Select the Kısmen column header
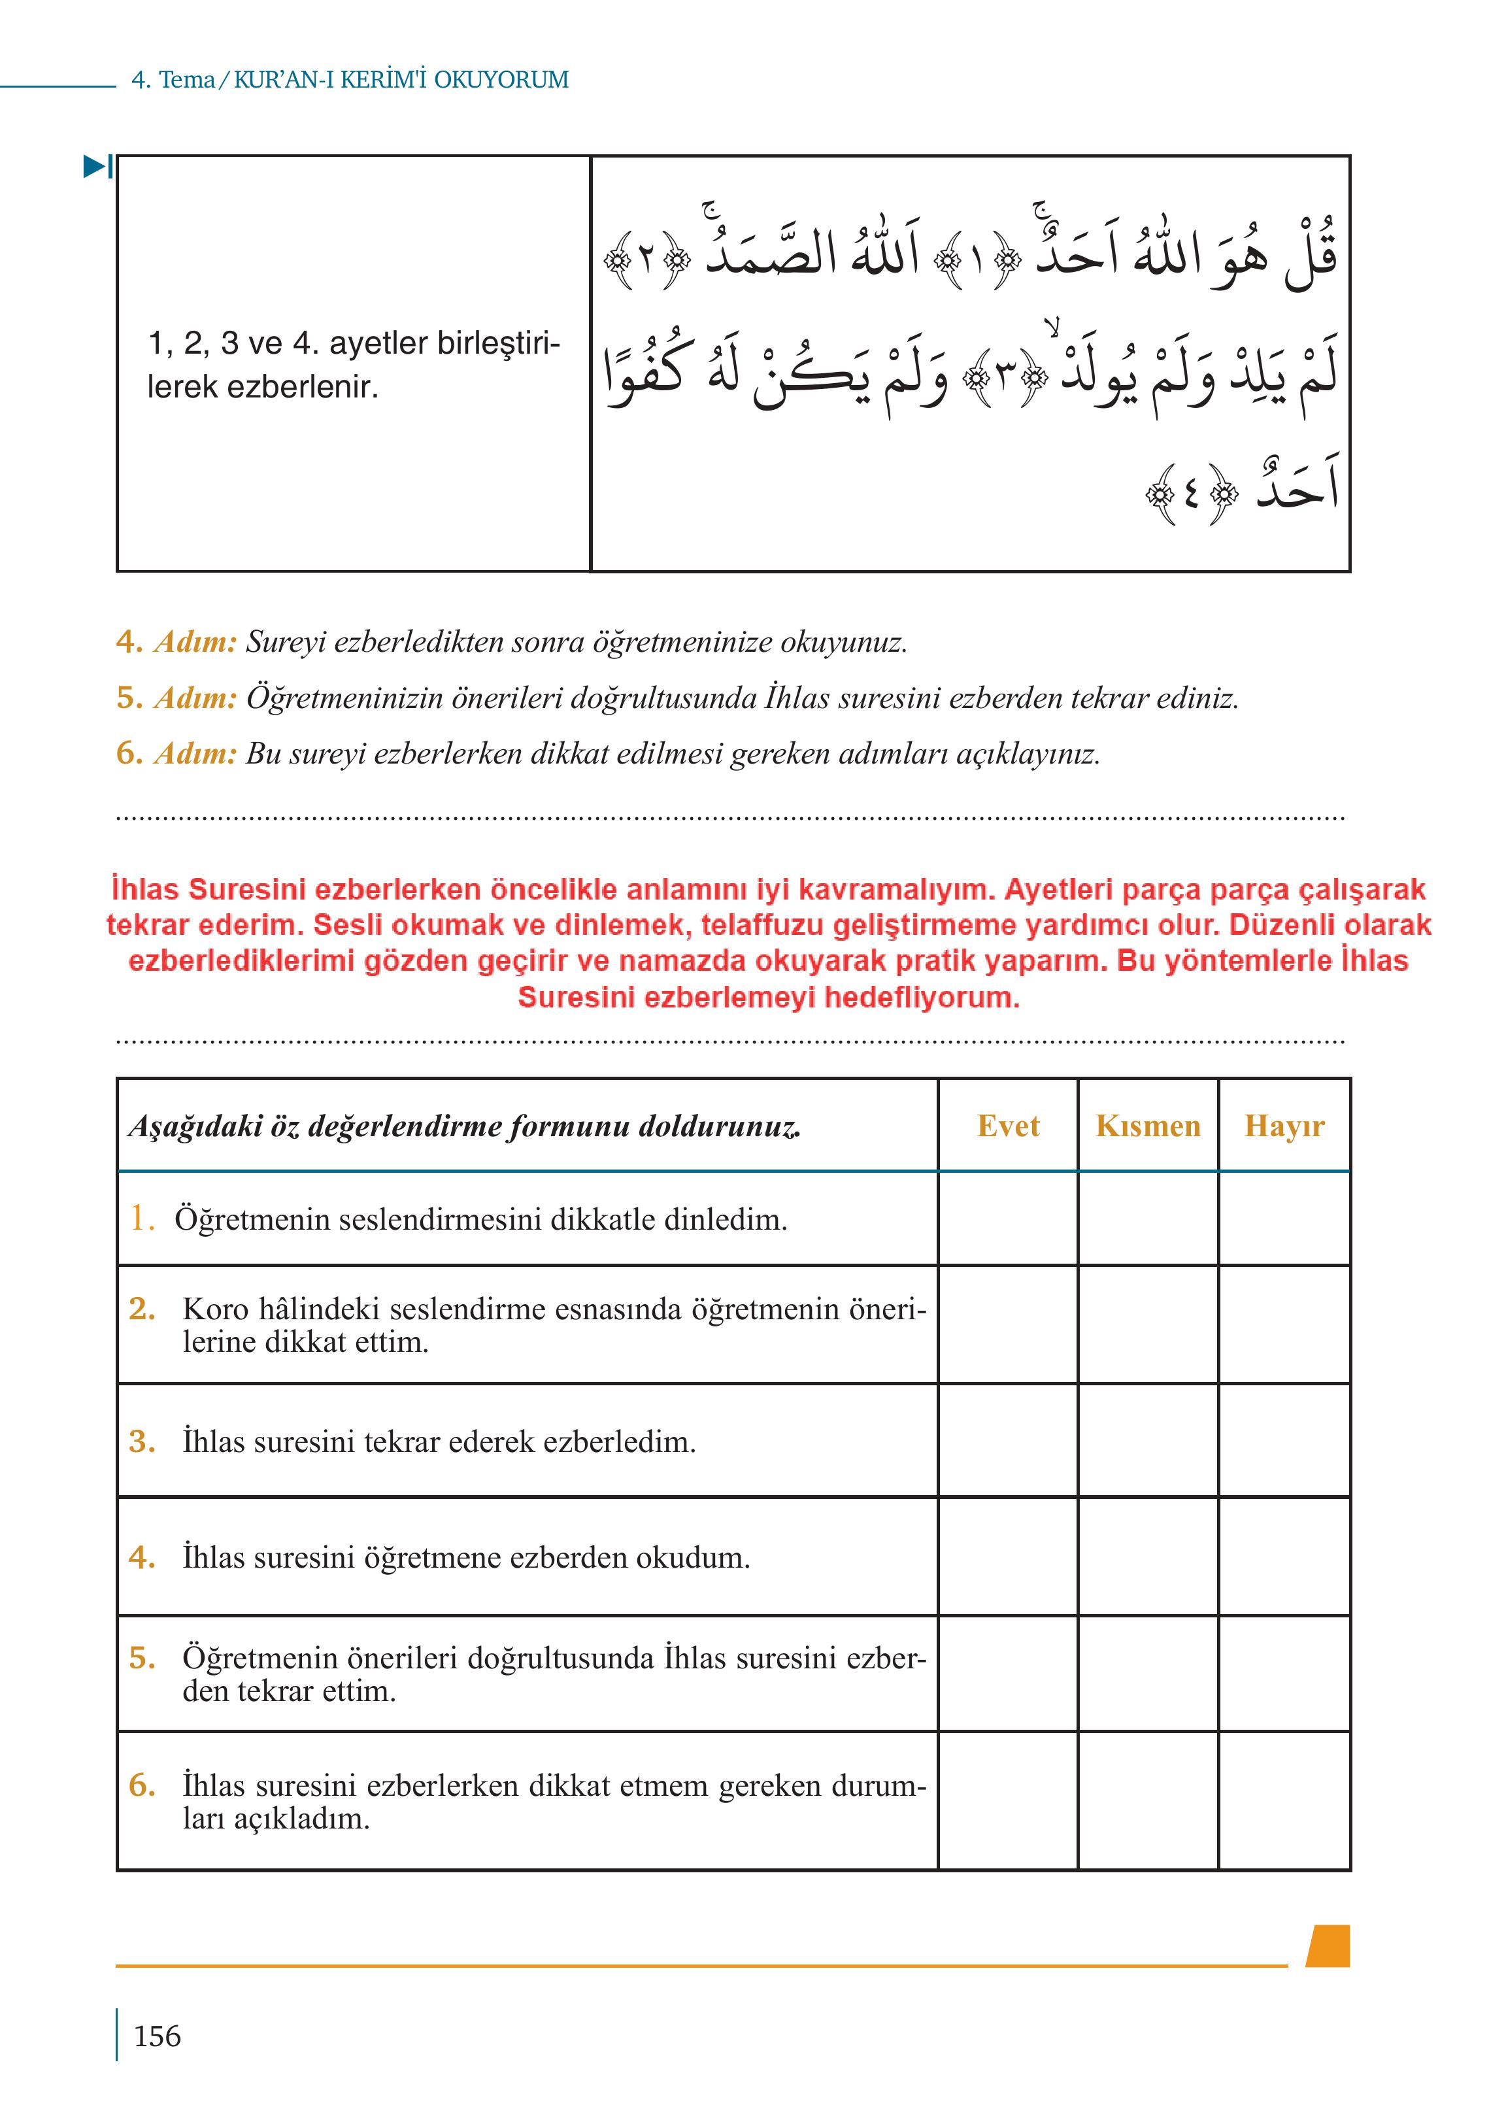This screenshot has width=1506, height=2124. [1147, 1126]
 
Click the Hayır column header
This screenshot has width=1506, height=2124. [1284, 1126]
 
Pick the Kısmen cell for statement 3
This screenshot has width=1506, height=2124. [1147, 1440]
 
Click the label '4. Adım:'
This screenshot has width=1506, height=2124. [176, 642]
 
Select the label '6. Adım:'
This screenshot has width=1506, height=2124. [176, 753]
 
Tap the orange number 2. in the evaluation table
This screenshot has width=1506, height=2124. [142, 1309]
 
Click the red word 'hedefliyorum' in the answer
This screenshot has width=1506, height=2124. [920, 998]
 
